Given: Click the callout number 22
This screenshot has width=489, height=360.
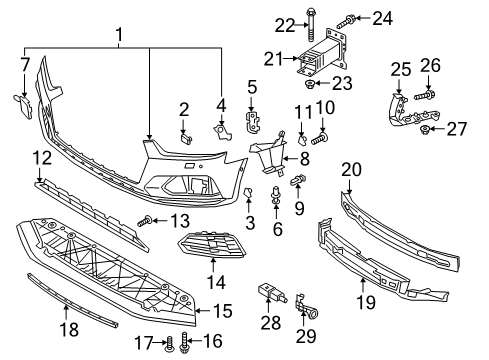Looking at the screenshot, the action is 285,26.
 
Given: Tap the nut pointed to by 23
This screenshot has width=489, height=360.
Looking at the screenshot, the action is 310,83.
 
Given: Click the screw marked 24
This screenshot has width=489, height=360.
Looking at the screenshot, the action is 346,21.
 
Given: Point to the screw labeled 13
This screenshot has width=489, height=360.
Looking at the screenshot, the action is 145,222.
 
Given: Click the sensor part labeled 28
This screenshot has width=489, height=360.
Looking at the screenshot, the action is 273,293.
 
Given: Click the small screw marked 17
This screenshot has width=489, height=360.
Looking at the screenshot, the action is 170,344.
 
